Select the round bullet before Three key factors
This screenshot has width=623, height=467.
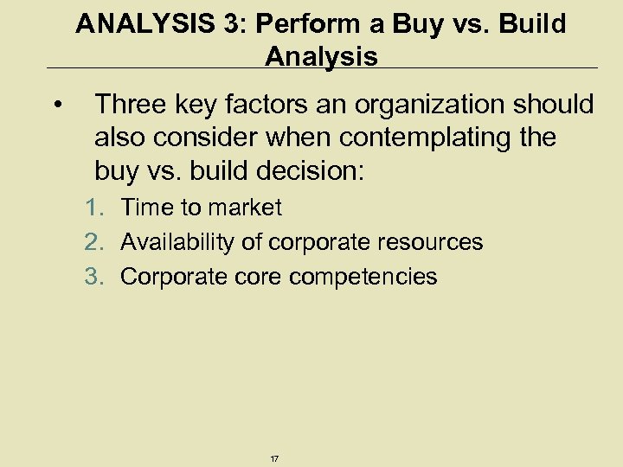click(x=56, y=106)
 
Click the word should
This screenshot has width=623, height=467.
click(x=557, y=106)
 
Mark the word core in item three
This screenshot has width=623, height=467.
click(x=255, y=278)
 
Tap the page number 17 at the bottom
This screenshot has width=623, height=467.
click(x=274, y=458)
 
